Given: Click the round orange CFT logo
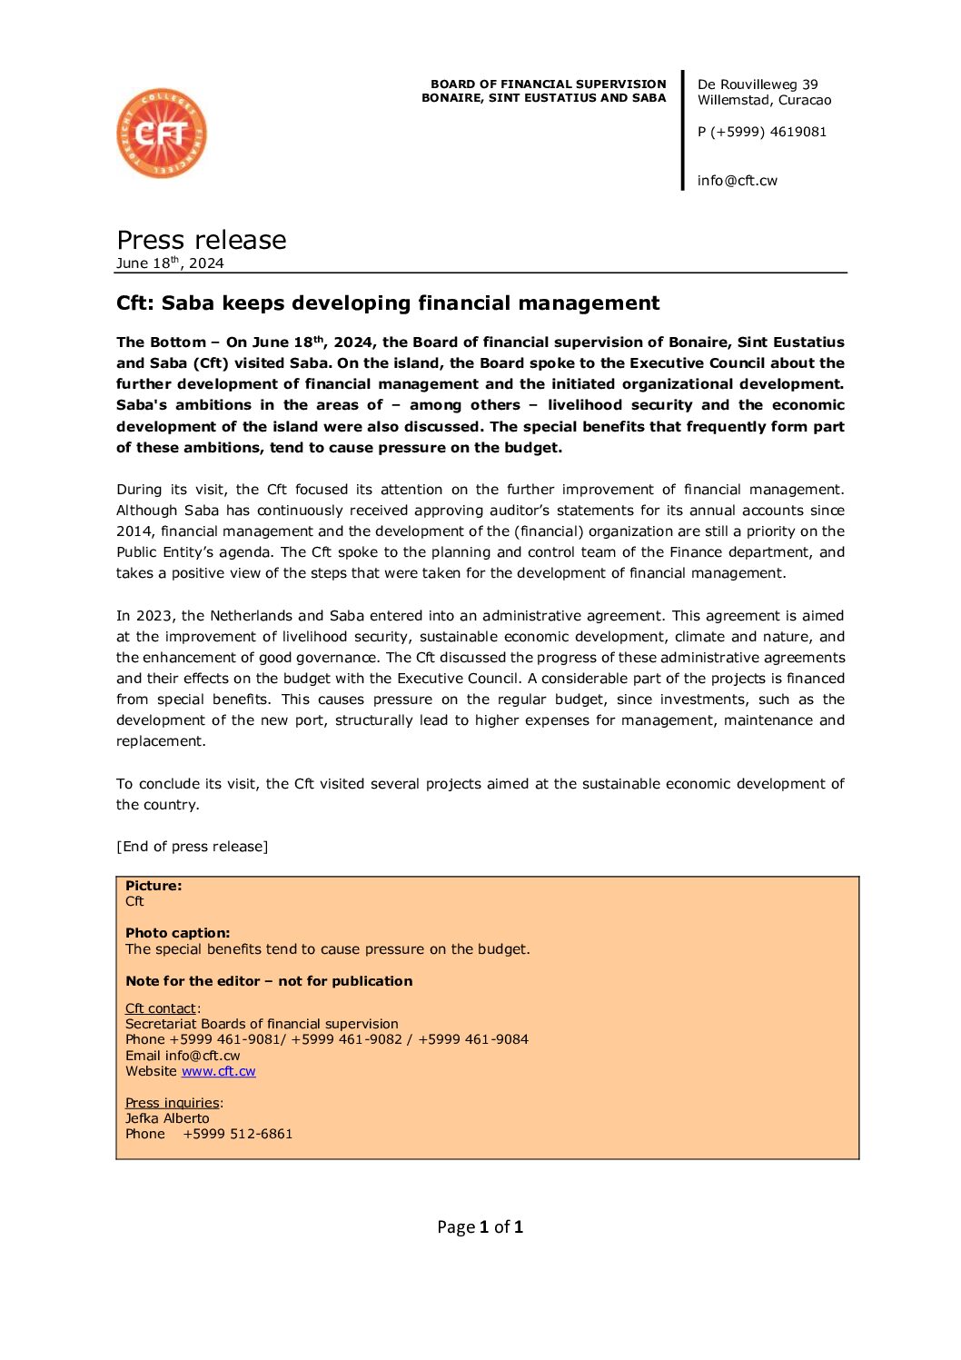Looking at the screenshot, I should click(162, 134).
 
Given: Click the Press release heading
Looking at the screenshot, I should click(202, 240).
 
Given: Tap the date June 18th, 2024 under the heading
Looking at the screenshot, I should click(170, 263).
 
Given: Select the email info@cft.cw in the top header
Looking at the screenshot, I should click(737, 181).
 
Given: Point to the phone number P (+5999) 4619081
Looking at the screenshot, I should click(762, 132).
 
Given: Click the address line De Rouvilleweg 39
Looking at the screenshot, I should click(758, 84).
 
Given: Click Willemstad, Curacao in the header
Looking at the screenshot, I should click(764, 100).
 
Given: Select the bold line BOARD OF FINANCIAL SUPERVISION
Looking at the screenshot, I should click(548, 84).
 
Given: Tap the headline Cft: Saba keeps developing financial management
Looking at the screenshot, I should click(388, 303).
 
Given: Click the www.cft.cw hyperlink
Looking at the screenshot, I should click(218, 1071).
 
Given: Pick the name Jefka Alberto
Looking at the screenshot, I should click(167, 1118).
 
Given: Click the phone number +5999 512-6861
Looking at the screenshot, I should click(237, 1134).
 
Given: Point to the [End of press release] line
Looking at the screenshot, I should click(192, 847).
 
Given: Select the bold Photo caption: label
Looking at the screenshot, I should click(177, 933).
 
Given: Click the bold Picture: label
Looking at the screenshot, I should click(154, 886).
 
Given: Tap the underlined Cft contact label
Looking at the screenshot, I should click(161, 1008).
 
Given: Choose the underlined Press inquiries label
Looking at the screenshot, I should click(173, 1103).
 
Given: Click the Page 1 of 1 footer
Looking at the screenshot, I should click(480, 1227).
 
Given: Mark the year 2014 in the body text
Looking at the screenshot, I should click(134, 531).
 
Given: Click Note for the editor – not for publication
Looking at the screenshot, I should click(269, 981).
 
